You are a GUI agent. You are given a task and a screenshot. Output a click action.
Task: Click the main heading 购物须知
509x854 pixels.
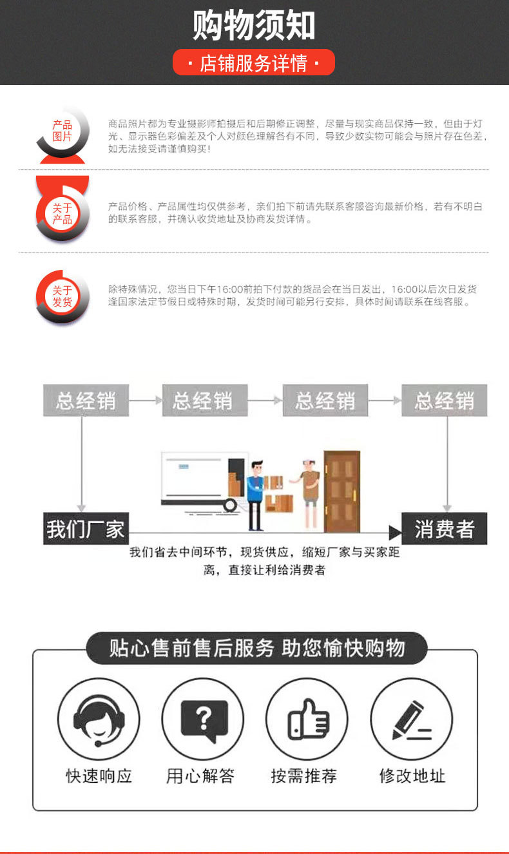(x=254, y=25)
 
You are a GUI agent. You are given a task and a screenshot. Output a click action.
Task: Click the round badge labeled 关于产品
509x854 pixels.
(x=62, y=214)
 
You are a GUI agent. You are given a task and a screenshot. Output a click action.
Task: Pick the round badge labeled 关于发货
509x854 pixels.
(x=62, y=296)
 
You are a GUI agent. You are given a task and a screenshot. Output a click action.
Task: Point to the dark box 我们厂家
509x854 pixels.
(x=86, y=529)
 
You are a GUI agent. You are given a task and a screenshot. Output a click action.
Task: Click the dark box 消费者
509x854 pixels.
(x=444, y=529)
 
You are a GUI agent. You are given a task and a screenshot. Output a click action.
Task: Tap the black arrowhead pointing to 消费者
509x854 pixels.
(x=396, y=533)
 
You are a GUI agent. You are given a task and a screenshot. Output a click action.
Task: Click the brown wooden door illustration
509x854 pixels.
(x=342, y=491)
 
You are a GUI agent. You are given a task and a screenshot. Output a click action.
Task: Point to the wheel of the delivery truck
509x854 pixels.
(x=230, y=506)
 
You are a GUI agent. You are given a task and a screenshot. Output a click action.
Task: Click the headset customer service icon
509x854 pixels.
(x=99, y=719)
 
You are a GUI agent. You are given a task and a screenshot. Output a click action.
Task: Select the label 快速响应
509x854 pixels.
(x=99, y=776)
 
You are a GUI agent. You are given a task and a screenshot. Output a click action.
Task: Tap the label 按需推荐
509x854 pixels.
(x=304, y=776)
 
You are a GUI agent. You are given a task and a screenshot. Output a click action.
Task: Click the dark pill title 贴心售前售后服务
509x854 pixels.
(x=256, y=648)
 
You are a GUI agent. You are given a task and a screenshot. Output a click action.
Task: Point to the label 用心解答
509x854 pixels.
(x=200, y=776)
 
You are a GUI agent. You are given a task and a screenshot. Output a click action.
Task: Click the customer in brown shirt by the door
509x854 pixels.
(x=309, y=494)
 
